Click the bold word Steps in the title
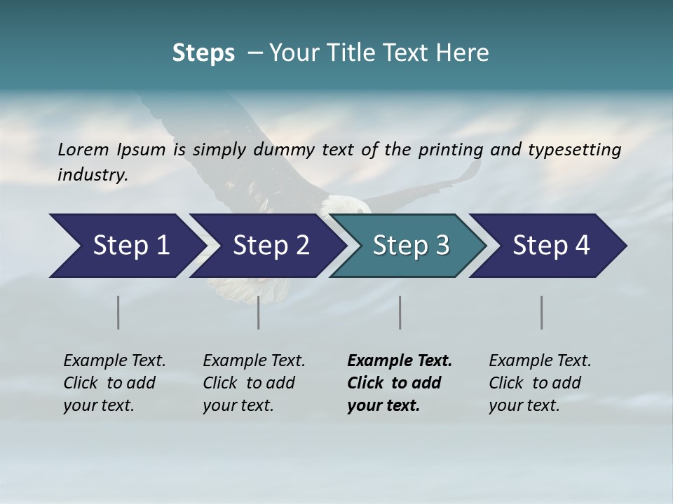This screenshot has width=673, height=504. pos(203,53)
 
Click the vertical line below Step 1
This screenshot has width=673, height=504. pos(118,312)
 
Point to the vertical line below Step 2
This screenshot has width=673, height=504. pos(259,312)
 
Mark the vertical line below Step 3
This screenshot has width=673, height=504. pos(400,312)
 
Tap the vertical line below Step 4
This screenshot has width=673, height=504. pos(541,312)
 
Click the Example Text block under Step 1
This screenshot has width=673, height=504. pos(114,383)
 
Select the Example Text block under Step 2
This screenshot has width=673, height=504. pos(254,383)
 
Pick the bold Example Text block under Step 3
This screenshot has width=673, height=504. pos(400,383)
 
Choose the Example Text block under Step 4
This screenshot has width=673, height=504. pos(540,383)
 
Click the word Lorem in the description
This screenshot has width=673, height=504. pos(83,150)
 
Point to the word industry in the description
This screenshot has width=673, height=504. pos(93,175)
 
